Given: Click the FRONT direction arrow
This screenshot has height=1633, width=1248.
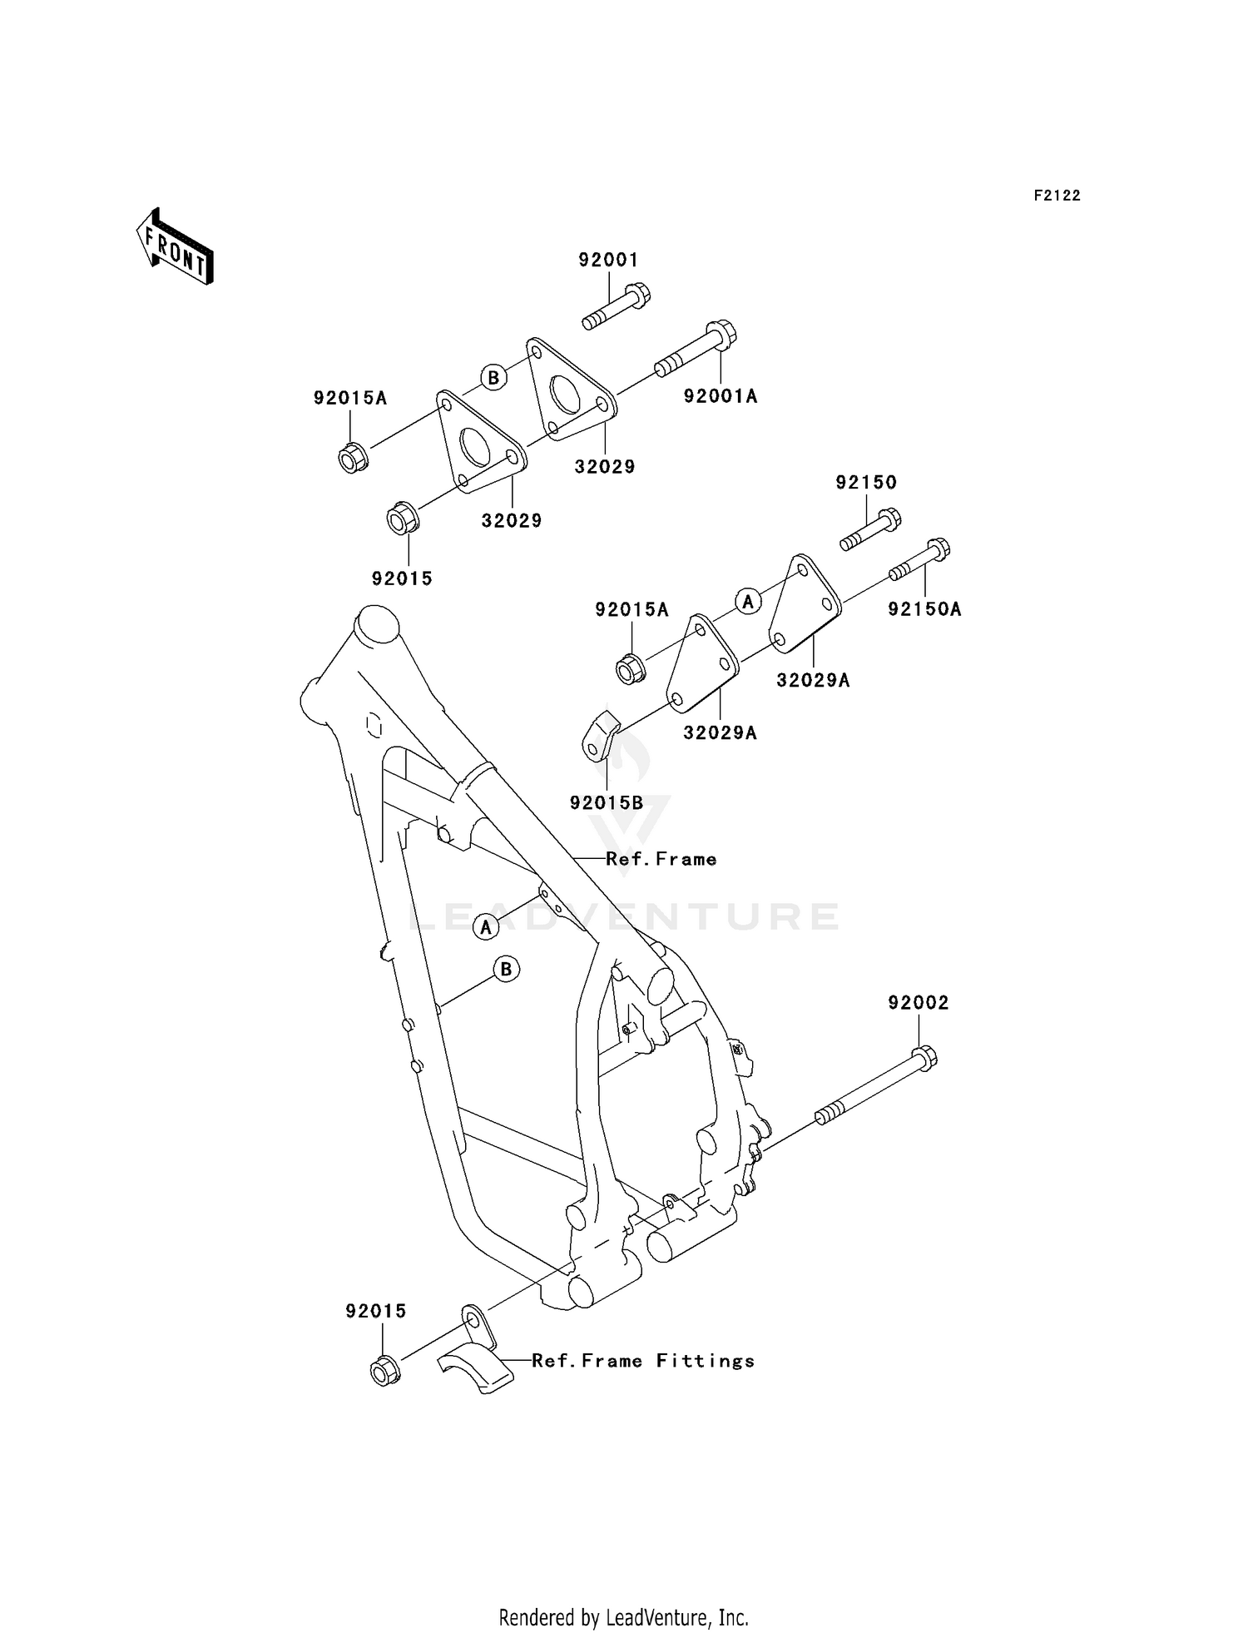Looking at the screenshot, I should (175, 248).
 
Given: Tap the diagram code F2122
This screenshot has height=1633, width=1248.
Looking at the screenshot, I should (1057, 196).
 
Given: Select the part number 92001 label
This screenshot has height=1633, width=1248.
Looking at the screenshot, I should (608, 260).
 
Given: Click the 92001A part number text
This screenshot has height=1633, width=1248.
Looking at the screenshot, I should (721, 396).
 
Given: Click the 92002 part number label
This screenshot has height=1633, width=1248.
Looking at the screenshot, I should (918, 1003).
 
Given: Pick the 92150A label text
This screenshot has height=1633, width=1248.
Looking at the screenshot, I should (924, 609).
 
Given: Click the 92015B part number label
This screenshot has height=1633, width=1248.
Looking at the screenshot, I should (607, 802).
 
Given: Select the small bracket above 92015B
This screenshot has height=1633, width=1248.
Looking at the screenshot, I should (600, 737).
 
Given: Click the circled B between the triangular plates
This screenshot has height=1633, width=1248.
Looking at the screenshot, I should (493, 378).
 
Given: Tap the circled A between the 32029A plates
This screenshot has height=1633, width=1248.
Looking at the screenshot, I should (748, 600).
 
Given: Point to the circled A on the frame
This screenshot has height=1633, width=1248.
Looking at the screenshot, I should (486, 926).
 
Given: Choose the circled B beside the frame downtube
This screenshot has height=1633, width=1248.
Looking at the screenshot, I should (506, 969).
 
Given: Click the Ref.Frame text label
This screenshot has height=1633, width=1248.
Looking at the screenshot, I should (661, 859).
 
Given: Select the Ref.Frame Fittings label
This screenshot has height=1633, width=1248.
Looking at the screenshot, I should (642, 1361).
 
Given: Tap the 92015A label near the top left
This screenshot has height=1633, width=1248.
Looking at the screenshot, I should (350, 398).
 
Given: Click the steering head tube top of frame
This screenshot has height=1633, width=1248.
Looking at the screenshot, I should (377, 624).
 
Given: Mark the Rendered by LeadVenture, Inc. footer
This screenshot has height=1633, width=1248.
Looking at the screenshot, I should (623, 1617).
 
